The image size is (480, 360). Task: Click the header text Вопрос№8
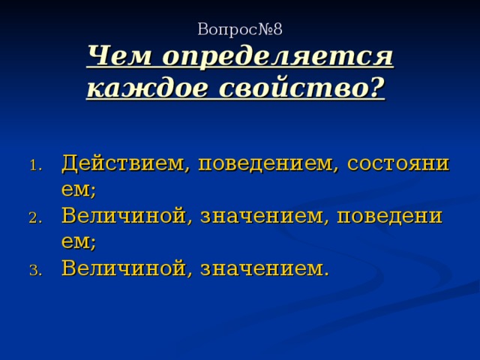coord(239,29)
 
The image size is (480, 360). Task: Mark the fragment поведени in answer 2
coord(390,216)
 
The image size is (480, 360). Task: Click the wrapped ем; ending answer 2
coord(79,241)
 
